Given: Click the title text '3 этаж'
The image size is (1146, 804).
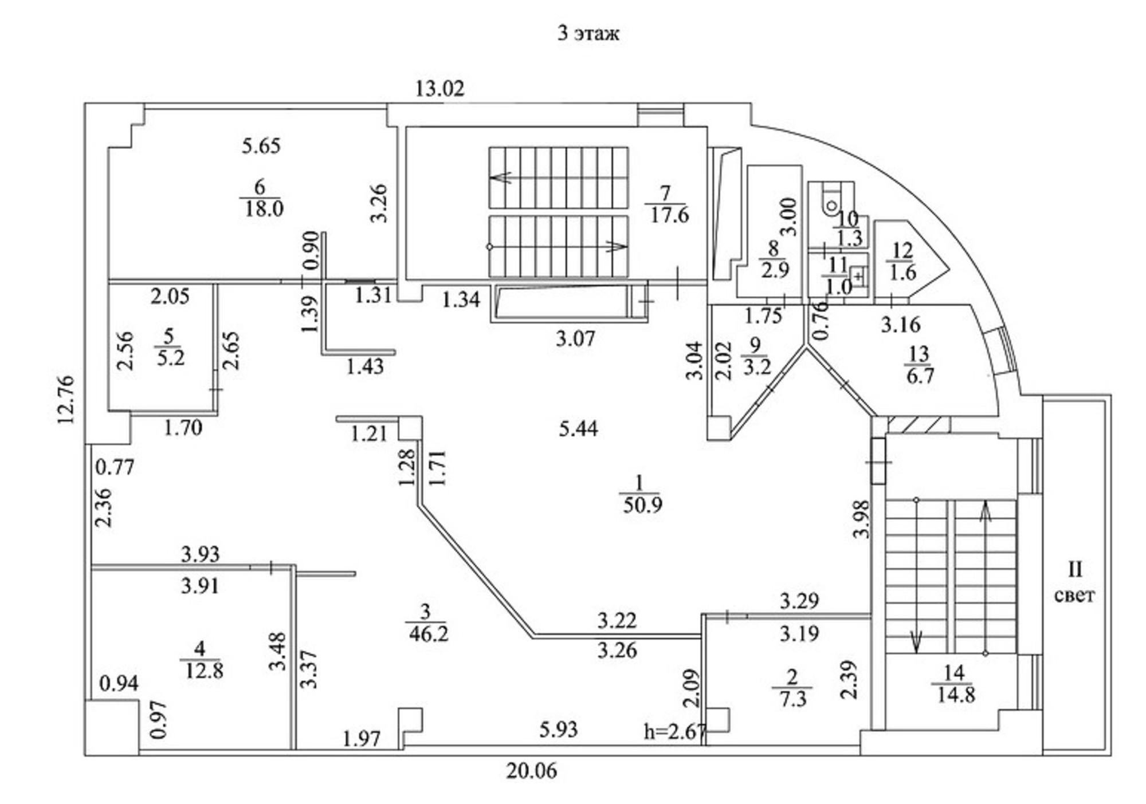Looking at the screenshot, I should point(588,33).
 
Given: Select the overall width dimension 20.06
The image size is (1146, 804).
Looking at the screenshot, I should point(531,771).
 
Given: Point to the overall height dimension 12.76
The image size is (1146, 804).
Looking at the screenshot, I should point(66,399).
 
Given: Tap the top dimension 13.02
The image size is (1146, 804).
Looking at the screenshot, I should point(439,89).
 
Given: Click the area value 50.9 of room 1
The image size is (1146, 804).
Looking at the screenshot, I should point(642,505).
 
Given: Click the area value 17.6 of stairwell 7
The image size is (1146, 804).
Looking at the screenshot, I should point(669,216).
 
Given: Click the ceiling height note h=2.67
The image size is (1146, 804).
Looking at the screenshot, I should point(675,731).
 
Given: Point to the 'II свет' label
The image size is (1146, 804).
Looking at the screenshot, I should point(1074,583).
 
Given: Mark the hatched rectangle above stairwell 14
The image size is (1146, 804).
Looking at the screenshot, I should point(915,424).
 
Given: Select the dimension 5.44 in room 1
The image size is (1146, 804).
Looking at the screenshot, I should point(578,428).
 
